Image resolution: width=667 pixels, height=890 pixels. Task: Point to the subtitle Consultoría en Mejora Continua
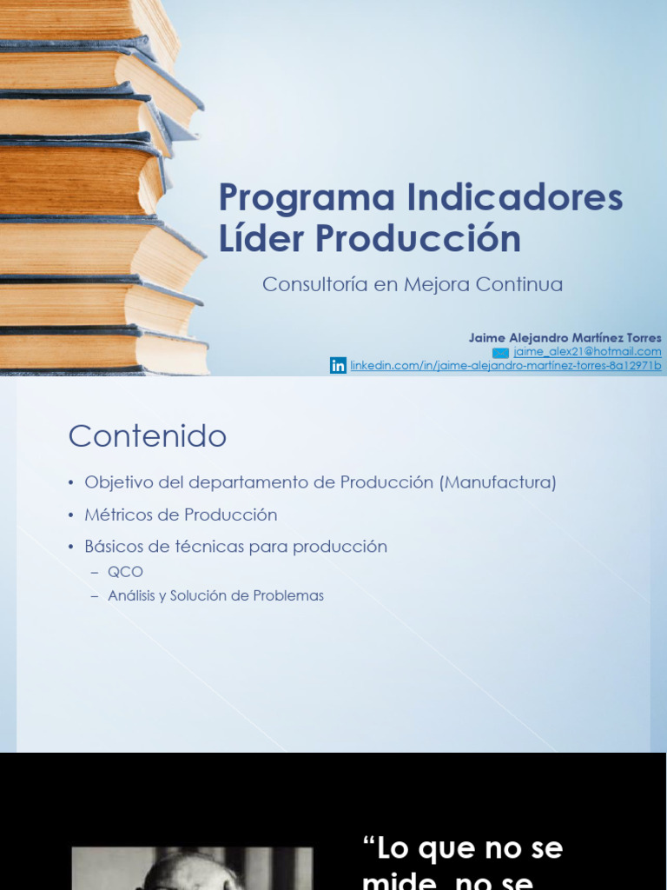[x=413, y=284]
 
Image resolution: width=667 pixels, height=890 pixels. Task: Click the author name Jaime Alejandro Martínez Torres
[x=565, y=337]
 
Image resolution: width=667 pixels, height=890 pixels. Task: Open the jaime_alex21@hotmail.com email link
[x=587, y=352]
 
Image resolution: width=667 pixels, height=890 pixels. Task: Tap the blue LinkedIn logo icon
[x=338, y=366]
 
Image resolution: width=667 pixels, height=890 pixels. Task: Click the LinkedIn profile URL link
[x=505, y=366]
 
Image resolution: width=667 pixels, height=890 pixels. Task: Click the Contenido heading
[x=148, y=435]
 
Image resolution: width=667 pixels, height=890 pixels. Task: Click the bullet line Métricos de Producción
[x=181, y=515]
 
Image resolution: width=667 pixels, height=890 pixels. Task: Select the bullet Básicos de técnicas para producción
[x=235, y=547]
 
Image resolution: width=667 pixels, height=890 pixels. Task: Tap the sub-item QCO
[x=125, y=572]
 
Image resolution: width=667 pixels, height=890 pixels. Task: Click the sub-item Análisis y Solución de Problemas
[x=215, y=595]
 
